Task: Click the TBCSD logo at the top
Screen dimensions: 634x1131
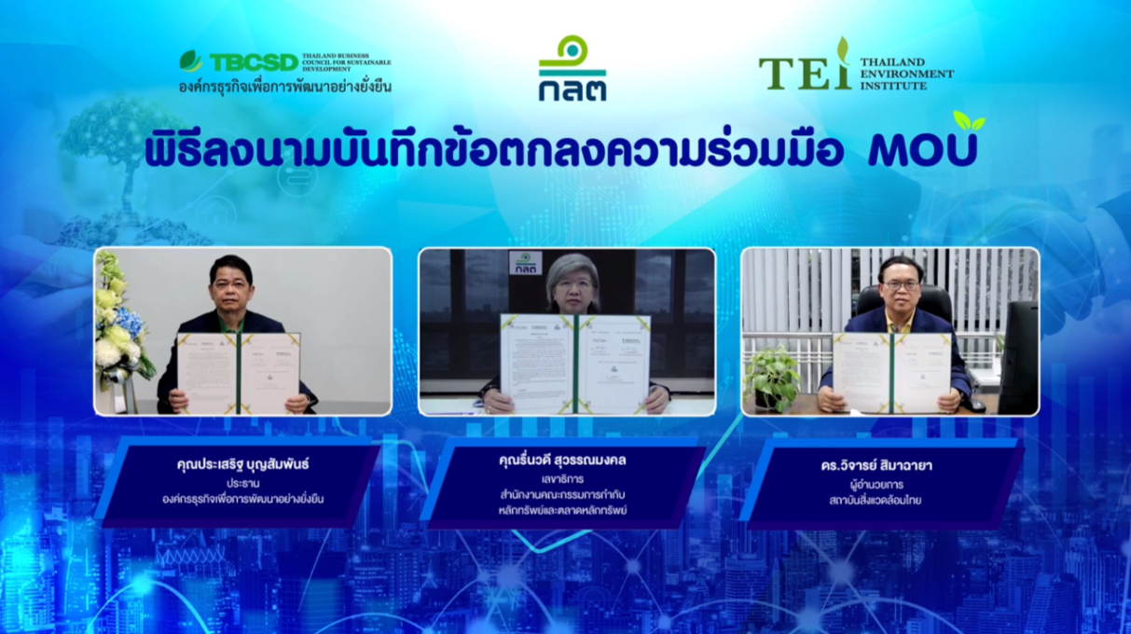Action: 240,62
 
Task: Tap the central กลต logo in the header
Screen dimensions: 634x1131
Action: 572,69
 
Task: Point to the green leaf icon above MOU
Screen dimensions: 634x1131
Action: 969,121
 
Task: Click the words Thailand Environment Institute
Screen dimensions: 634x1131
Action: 907,73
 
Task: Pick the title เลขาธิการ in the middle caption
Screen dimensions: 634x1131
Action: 567,479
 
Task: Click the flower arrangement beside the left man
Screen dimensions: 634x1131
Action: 117,322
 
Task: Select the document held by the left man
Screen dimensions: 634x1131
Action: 239,373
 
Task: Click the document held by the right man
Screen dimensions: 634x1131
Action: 893,371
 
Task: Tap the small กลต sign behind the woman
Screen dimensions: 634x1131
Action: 526,262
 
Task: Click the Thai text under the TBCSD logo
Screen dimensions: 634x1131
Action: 285,87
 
